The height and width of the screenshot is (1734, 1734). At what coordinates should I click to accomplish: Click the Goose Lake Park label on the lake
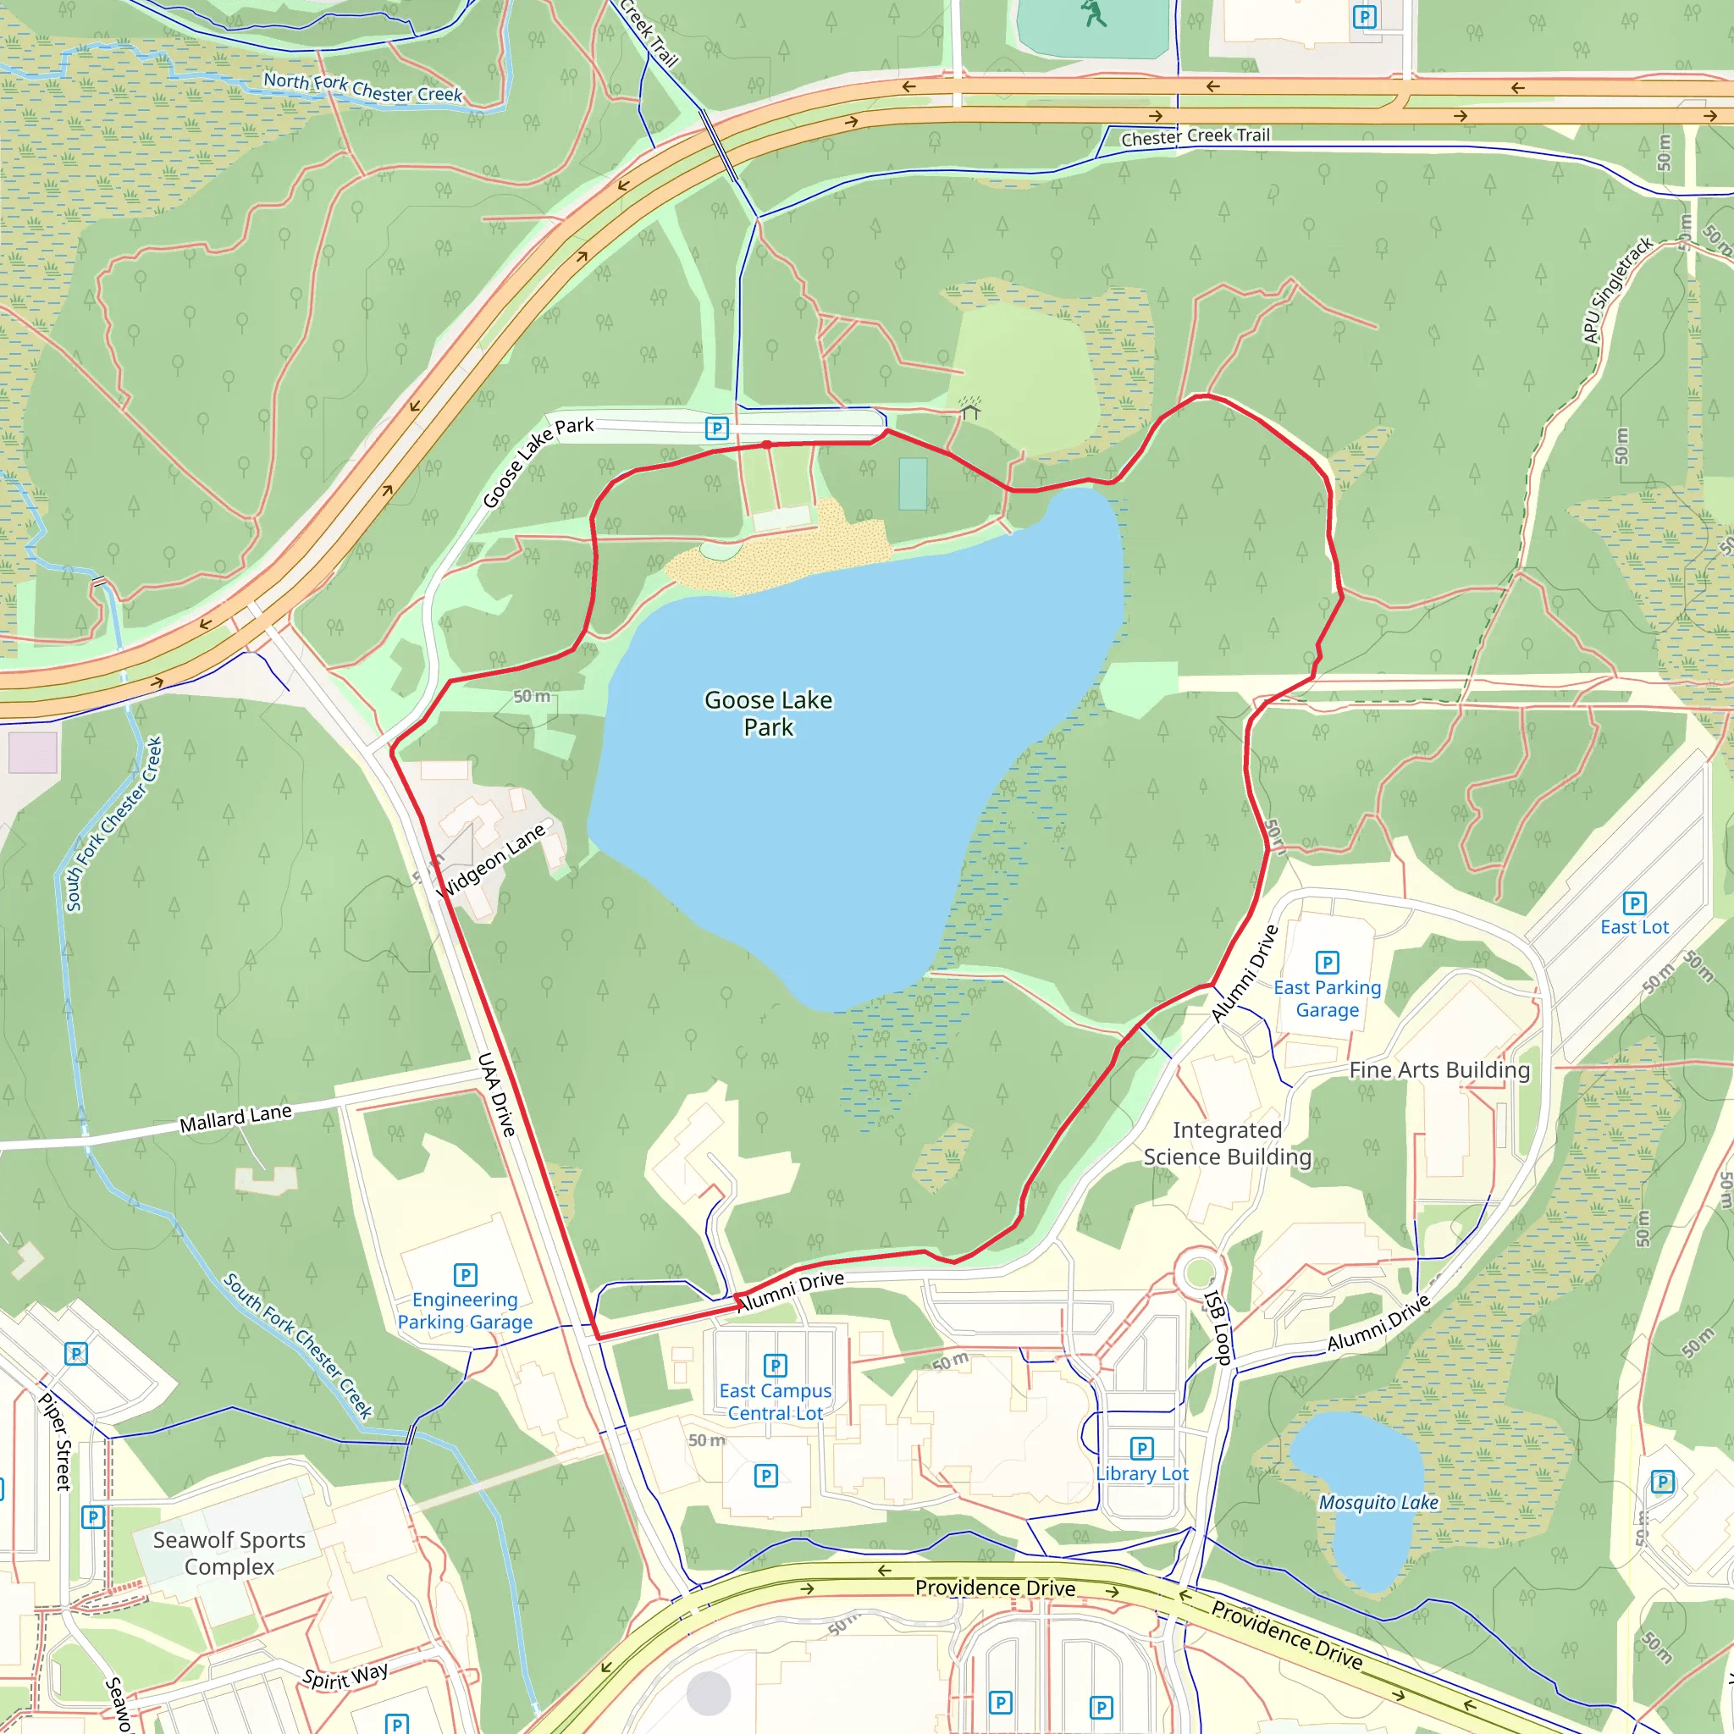click(768, 714)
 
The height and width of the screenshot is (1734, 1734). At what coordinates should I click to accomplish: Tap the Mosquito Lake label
click(1378, 1503)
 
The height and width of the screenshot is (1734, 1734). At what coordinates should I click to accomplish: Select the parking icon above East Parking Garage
click(1327, 963)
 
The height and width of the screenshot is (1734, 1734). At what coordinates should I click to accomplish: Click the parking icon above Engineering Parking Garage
click(465, 1274)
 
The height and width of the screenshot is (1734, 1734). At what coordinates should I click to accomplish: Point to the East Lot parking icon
click(1634, 903)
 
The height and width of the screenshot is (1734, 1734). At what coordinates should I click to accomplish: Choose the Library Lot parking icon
click(1141, 1449)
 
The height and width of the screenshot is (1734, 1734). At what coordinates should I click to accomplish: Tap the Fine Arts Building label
click(1439, 1070)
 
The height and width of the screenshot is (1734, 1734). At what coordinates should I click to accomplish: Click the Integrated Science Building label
click(1227, 1143)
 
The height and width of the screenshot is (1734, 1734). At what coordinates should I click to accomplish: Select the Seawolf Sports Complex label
click(229, 1553)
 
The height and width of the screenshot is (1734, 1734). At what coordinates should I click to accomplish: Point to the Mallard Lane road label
click(235, 1118)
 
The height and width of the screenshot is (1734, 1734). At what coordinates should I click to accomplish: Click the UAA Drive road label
click(496, 1094)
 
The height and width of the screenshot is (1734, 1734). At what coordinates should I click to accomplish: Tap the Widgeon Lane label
click(491, 861)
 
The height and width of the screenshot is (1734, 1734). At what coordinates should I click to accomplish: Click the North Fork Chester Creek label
click(362, 88)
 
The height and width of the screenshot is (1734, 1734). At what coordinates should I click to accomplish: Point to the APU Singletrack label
click(1617, 289)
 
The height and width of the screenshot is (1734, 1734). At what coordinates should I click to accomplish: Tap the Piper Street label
click(56, 1441)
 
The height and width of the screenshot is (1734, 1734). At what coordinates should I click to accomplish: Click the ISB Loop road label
click(1217, 1328)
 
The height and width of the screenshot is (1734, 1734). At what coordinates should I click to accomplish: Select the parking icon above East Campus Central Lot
click(775, 1366)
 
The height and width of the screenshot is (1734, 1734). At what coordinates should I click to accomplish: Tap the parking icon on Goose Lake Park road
click(716, 428)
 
